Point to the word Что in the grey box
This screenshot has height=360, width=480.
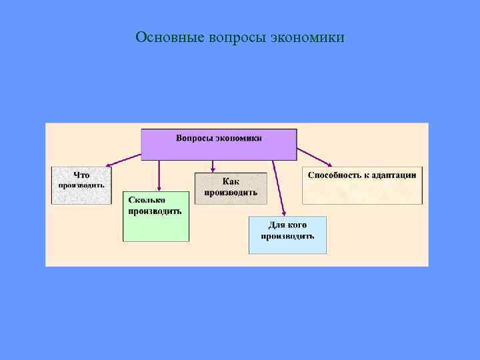click(81, 175)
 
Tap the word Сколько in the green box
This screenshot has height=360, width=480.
click(147, 199)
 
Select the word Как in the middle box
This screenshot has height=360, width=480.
click(231, 181)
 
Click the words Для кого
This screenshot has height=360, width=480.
click(287, 225)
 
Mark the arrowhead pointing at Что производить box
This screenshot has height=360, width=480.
click(108, 164)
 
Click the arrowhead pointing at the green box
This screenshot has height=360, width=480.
click(159, 188)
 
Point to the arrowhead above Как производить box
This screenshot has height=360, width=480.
click(213, 169)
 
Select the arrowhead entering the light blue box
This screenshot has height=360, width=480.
click(283, 213)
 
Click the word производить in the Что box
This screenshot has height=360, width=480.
click(81, 185)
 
